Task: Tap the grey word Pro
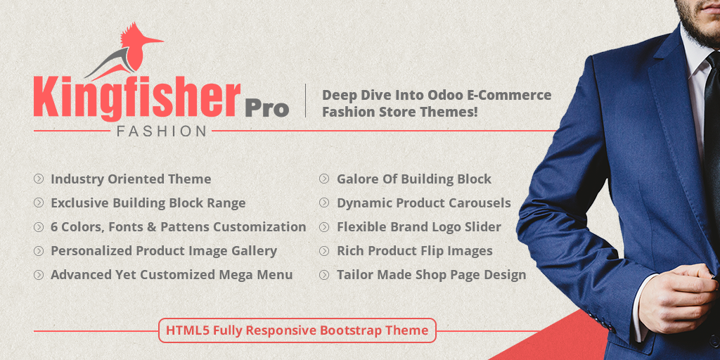266,109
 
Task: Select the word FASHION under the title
161,131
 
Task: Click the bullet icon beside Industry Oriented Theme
39,179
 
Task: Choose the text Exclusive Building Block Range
148,203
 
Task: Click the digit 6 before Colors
54,227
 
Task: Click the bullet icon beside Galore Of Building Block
324,179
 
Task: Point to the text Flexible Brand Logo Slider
419,227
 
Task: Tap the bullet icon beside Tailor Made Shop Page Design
324,275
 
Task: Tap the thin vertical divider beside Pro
306,101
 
